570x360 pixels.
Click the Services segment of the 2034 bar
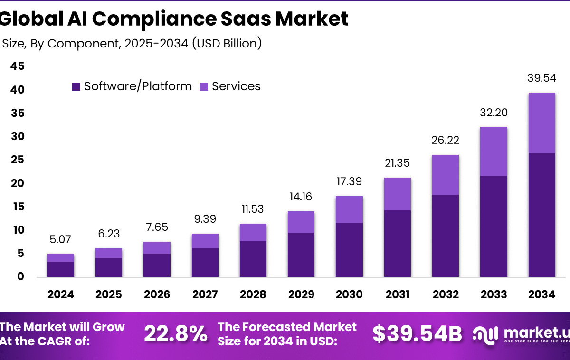541,123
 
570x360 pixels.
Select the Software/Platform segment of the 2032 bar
445,236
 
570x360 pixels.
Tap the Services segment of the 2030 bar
349,209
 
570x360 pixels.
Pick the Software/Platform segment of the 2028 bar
253,259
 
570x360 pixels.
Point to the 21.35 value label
397,163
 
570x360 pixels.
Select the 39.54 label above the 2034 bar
541,78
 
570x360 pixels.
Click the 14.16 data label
301,197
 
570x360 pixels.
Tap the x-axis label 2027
205,294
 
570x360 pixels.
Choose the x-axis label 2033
493,294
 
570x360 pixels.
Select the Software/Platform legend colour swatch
76,86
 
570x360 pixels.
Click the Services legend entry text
236,86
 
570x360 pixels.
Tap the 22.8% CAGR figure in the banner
175,334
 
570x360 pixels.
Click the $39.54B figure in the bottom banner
417,334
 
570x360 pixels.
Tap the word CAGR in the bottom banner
72,341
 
